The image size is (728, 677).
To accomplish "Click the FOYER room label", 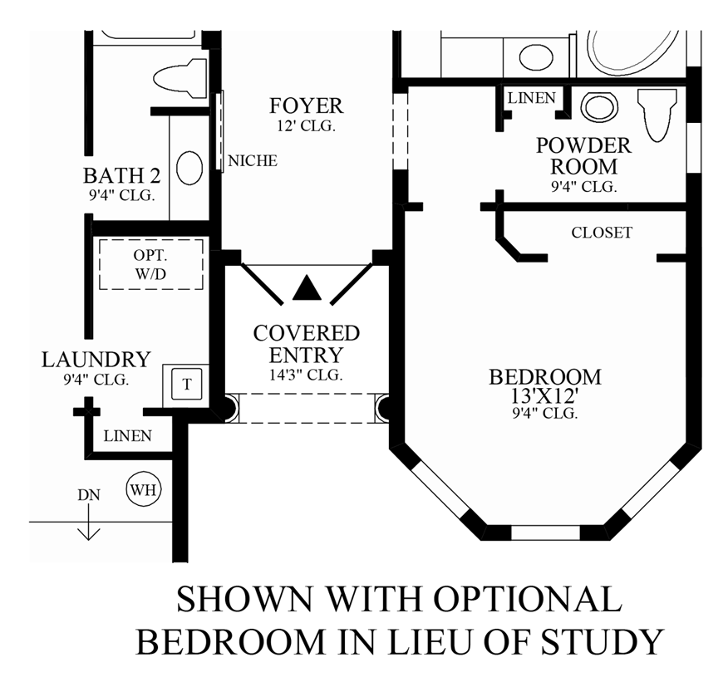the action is click(x=306, y=105).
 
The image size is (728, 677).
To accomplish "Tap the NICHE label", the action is click(x=253, y=160).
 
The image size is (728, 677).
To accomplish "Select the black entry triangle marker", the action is click(x=307, y=287).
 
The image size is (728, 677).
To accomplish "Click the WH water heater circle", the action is click(x=144, y=489).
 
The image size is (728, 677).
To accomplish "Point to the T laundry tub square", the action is click(x=187, y=384).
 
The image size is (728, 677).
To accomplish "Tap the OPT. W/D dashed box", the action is click(x=151, y=264).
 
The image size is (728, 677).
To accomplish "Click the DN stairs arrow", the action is click(x=88, y=522).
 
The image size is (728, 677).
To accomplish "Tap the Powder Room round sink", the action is click(x=599, y=106).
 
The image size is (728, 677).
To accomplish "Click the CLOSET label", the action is click(x=602, y=232).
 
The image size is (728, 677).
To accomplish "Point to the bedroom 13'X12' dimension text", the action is click(x=544, y=395).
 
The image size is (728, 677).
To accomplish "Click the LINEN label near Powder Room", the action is click(x=531, y=98).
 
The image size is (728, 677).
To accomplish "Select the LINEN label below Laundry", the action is click(x=128, y=436).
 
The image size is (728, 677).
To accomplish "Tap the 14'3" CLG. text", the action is click(x=306, y=375).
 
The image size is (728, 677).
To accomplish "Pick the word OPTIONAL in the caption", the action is click(x=528, y=599).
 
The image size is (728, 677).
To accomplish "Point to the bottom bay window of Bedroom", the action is click(x=545, y=532).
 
